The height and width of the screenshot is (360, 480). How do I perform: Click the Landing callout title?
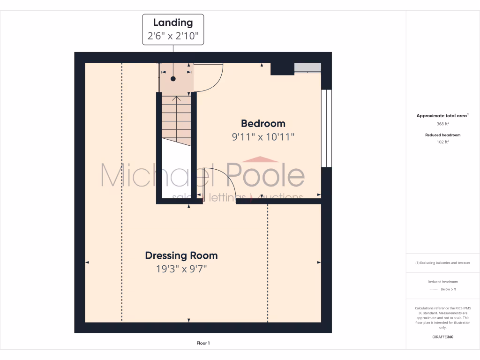pos(173,22)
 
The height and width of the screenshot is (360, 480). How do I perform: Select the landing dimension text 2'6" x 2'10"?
pos(173,36)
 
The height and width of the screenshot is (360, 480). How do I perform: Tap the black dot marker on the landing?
pos(173,79)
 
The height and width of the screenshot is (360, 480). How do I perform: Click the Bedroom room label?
pos(263,123)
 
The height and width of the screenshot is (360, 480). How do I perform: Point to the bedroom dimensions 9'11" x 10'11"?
pos(263,137)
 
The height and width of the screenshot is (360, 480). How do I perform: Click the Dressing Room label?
pos(181,255)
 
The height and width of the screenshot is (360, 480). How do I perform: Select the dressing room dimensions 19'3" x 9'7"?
pos(181,269)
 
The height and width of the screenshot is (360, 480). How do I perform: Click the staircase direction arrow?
pos(177,99)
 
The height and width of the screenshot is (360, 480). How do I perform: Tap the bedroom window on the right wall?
pos(326,128)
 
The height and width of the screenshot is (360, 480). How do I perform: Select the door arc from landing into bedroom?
pos(210,77)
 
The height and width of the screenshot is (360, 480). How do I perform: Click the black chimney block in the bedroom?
pos(282,68)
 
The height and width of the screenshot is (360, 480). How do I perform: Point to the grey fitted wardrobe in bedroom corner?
pos(307,67)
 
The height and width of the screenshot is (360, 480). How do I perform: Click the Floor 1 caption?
pos(203,343)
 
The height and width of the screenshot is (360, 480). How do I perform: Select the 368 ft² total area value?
pos(443,124)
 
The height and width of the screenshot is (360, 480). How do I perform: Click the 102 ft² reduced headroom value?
pos(443,141)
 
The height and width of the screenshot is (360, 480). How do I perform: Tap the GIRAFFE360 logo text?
pos(443,337)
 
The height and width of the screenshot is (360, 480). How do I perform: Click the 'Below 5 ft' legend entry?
pos(447,289)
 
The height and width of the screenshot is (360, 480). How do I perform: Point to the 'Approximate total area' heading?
pos(442,116)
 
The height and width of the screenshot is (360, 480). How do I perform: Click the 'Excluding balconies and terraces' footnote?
pos(443,262)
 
